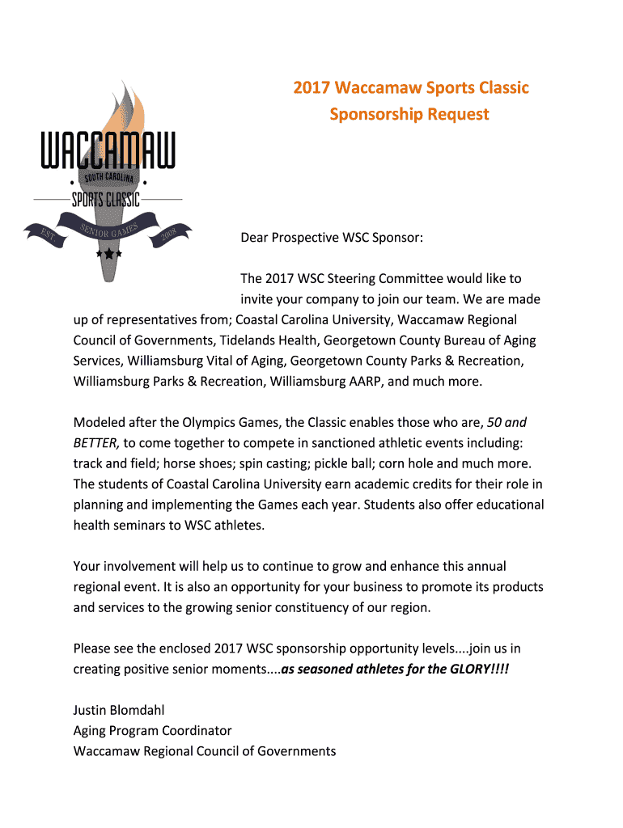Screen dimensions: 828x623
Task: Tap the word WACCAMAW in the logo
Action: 108,154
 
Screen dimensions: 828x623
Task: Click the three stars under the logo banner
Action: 108,253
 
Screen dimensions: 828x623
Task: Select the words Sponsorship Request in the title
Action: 409,114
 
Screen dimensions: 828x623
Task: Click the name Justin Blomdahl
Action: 119,710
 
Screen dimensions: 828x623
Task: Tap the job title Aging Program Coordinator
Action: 152,730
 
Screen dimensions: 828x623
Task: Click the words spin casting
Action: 302,463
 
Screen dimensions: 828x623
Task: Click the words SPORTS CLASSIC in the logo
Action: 106,199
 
